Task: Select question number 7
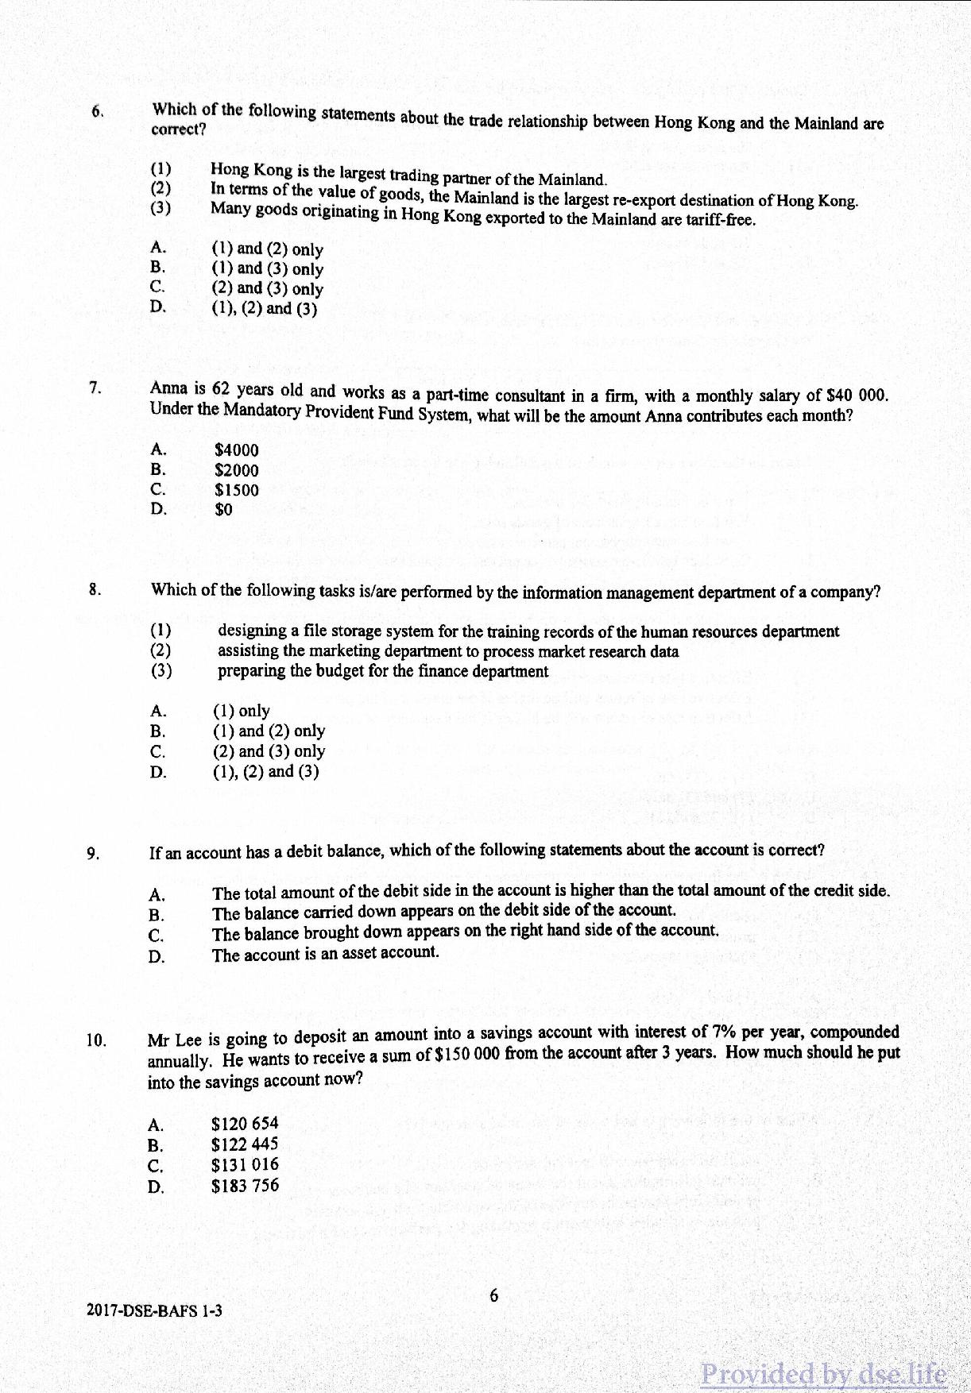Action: [95, 388]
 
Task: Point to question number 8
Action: [95, 589]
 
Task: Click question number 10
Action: [96, 1040]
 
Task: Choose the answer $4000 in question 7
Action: [236, 450]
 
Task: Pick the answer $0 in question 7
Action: [223, 510]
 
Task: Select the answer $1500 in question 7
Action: [236, 490]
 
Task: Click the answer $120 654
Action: [245, 1124]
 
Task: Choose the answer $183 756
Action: [245, 1186]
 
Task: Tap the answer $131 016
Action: [245, 1165]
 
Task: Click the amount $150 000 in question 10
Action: [467, 1055]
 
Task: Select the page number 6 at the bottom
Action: [493, 1296]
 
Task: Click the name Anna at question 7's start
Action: [168, 388]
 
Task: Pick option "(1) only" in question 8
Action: [241, 711]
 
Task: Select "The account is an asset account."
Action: [325, 953]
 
